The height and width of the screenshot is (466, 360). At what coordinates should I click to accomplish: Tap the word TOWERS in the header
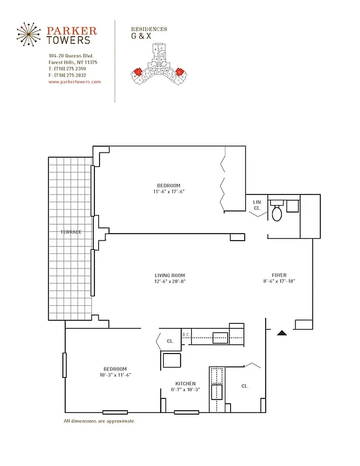(69, 40)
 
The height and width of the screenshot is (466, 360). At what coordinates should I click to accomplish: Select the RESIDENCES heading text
(149, 29)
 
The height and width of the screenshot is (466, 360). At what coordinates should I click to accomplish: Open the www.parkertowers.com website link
(75, 82)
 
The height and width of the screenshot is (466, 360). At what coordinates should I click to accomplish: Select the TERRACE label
(70, 232)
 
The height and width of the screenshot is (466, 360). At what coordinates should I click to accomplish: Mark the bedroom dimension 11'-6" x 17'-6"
(169, 192)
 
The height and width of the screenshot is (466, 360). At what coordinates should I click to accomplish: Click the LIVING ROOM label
(170, 276)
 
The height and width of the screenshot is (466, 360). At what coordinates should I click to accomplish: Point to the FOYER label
(279, 276)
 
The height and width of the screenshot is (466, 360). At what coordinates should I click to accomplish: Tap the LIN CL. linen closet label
(256, 205)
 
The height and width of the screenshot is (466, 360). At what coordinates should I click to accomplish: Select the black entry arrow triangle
(281, 333)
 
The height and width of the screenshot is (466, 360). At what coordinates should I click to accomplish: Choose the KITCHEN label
(185, 383)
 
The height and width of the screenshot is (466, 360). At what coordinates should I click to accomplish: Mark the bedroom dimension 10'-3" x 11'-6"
(115, 375)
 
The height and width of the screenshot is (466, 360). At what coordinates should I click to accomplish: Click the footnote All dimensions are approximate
(99, 421)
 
